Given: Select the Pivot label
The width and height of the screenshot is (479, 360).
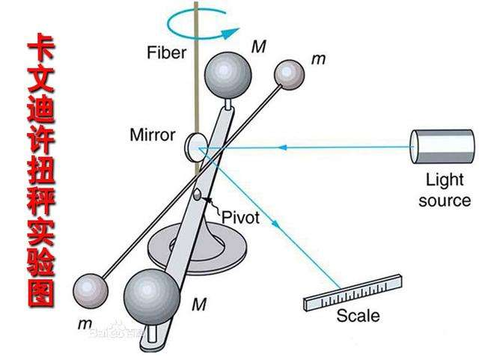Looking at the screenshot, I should [240, 217].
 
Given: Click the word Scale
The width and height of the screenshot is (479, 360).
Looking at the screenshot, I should [358, 315].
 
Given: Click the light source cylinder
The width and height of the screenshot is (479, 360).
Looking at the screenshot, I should [442, 146].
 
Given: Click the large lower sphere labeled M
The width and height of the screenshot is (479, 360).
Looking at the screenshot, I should [153, 296].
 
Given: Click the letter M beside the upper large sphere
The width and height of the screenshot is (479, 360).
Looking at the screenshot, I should [259, 47].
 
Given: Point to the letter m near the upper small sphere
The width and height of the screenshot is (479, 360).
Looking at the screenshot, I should [317, 58].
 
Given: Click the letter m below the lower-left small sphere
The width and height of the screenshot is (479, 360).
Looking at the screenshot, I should [83, 323].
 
